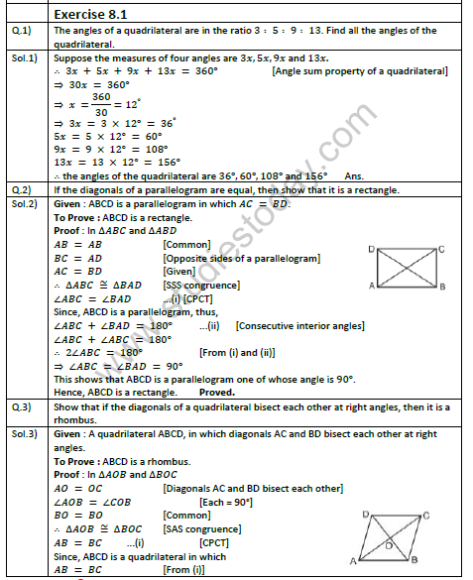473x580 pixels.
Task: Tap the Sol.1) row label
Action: point(25,58)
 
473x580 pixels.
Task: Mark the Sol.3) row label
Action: point(25,433)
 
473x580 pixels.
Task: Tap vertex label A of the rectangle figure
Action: point(371,287)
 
